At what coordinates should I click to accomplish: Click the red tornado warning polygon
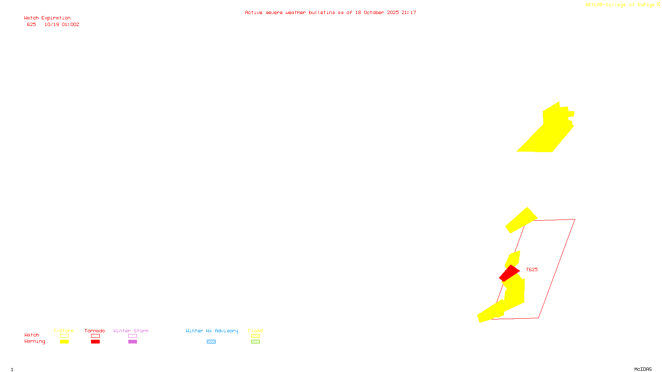509,273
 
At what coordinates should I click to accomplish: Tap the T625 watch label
532,269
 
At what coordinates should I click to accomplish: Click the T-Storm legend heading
64,331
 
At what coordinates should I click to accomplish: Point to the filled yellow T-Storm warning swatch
64,342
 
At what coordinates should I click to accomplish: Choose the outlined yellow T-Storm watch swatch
64,336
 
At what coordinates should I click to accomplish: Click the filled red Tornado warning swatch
95,342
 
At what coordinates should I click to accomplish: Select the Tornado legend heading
95,331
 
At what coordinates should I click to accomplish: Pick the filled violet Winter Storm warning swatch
132,342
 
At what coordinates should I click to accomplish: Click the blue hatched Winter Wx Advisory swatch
211,342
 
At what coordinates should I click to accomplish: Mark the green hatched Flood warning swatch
255,342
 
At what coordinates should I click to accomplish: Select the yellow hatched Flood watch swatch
255,336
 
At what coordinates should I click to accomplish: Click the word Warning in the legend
34,341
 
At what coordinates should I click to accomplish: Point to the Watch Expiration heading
47,18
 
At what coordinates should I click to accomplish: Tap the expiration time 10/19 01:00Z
62,24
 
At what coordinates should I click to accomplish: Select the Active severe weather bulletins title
330,12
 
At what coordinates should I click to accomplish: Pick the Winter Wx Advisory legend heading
212,331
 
